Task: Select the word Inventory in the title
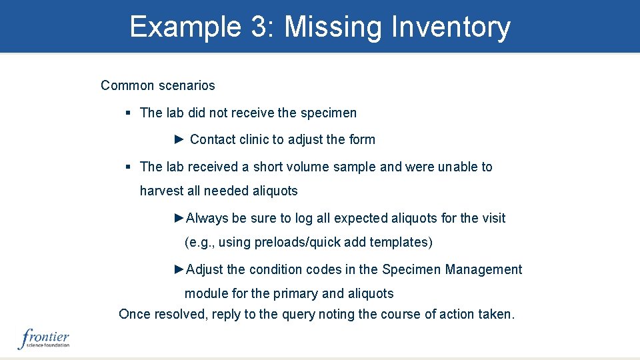click(451, 27)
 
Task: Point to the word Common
click(128, 85)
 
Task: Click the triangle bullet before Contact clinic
click(179, 139)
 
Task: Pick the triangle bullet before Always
click(179, 218)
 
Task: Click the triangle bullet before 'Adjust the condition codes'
click(179, 269)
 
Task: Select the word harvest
click(161, 191)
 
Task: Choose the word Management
click(484, 269)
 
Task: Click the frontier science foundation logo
click(43, 339)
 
